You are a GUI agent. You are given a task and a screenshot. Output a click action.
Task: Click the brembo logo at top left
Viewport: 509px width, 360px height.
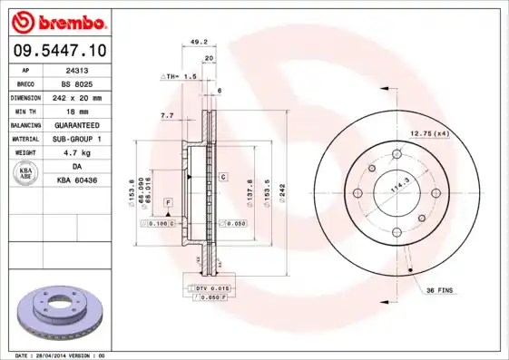click(59, 19)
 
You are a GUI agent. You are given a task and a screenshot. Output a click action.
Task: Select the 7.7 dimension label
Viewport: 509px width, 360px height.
click(166, 116)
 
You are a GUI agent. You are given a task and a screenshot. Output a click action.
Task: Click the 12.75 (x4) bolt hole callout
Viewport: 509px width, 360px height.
click(429, 134)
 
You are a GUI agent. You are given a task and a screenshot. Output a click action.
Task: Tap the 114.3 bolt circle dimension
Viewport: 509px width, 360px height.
click(395, 190)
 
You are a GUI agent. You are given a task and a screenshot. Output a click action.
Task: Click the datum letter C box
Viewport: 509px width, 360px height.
click(222, 177)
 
